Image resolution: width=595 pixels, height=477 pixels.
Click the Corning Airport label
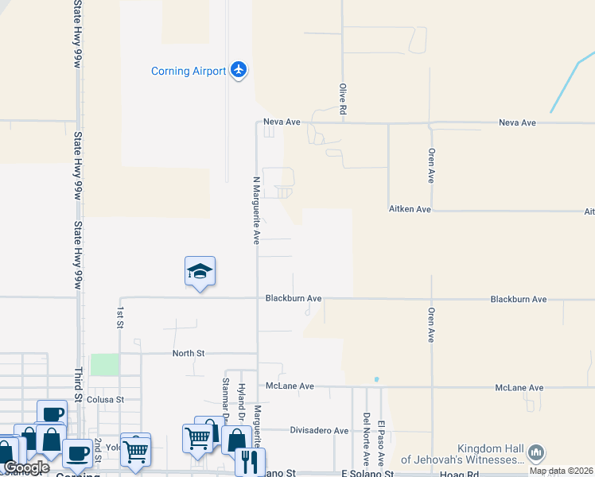click(189, 72)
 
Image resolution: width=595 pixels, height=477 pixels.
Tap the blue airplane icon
click(238, 70)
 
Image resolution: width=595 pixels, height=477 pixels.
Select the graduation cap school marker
click(200, 272)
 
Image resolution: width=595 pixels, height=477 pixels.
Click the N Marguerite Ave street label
click(256, 209)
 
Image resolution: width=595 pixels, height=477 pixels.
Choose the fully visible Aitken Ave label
click(410, 209)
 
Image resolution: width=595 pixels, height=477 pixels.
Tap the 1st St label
click(120, 317)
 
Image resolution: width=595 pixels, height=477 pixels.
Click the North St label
click(189, 353)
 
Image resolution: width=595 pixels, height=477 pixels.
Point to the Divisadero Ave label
click(318, 431)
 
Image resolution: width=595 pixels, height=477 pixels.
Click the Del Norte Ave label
click(366, 438)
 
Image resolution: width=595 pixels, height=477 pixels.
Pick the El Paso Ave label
click(381, 441)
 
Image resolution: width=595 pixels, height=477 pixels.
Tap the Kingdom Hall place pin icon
click(536, 452)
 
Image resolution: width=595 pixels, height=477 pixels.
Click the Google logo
click(26, 467)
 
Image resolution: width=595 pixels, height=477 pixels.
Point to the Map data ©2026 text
click(561, 471)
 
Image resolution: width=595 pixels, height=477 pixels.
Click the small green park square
click(103, 365)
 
